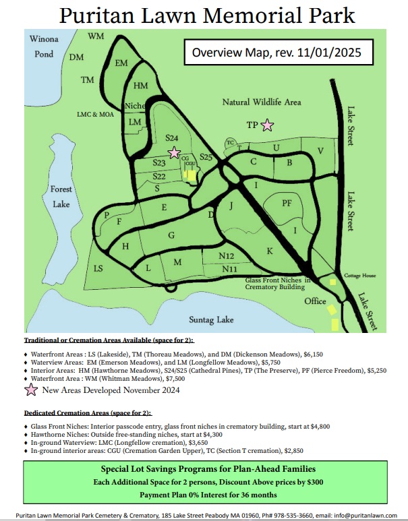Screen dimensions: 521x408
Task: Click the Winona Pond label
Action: pyautogui.click(x=45, y=47)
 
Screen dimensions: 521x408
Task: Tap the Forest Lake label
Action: pyautogui.click(x=61, y=197)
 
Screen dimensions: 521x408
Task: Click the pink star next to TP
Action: pyautogui.click(x=268, y=125)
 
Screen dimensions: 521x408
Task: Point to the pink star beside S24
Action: pyautogui.click(x=174, y=152)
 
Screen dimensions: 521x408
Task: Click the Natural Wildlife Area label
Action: pyautogui.click(x=262, y=102)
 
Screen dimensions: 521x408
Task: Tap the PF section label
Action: pyautogui.click(x=287, y=202)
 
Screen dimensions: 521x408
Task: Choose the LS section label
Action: pyautogui.click(x=98, y=268)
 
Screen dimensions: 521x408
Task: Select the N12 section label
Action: pyautogui.click(x=227, y=256)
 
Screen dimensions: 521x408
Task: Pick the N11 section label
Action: pyautogui.click(x=229, y=270)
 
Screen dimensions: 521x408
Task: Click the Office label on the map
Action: pyautogui.click(x=315, y=301)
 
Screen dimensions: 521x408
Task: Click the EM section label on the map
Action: pyautogui.click(x=121, y=63)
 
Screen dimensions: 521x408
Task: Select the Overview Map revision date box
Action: pyautogui.click(x=277, y=52)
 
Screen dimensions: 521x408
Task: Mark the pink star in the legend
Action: pyautogui.click(x=31, y=390)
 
